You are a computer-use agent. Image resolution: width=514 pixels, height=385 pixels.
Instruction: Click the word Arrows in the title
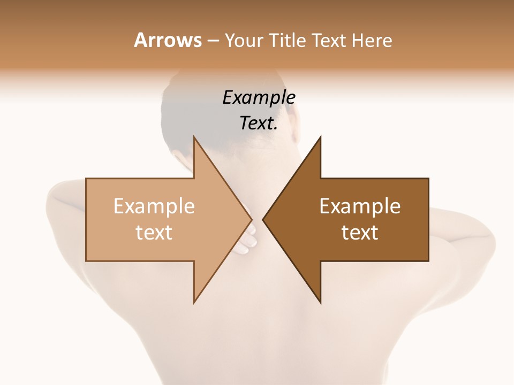168,40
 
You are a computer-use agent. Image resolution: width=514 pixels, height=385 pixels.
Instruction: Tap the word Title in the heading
289,40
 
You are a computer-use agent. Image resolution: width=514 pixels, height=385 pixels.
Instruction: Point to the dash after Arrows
213,41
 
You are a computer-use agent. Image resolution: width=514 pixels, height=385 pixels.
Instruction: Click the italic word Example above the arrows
259,98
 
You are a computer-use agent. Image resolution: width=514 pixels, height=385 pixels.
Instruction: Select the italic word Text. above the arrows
259,124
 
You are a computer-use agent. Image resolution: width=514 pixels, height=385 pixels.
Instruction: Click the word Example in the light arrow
154,206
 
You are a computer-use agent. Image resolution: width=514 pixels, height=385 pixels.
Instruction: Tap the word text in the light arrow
154,232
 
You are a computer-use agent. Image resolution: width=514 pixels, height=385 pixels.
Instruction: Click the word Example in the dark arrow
360,206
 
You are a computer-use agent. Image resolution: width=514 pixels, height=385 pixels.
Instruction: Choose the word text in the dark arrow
360,232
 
